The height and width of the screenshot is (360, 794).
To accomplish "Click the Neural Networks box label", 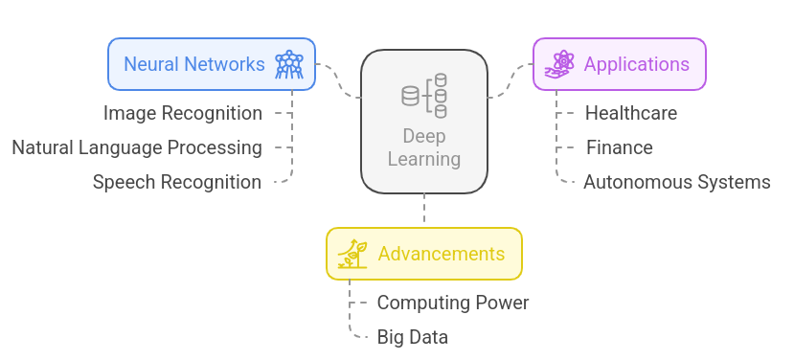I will pos(193,64).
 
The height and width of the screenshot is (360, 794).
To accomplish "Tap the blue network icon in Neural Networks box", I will pos(288,64).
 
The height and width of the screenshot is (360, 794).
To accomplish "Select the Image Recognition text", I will pos(183,113).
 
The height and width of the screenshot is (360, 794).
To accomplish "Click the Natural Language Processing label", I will pos(137,147).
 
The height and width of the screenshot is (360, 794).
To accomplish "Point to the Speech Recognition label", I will pos(177,182).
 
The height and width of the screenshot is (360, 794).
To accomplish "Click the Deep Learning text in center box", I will pos(423,148).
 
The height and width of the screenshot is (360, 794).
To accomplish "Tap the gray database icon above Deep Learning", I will pos(424,96).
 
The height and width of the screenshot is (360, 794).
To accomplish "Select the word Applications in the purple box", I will pos(636,64).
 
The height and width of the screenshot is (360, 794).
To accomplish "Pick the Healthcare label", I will pos(630,113).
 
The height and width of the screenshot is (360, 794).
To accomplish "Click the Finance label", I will pos(619,147).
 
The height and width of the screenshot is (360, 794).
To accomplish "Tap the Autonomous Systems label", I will pos(676,182).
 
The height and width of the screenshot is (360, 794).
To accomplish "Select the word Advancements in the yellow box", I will pos(441,254).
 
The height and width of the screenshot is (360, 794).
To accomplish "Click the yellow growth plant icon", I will pos(352,254).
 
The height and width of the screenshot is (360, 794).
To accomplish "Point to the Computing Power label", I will pos(452,303).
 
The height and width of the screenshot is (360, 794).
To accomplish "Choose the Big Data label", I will pos(412,337).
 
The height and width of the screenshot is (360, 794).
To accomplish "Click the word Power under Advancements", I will pos(503,303).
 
